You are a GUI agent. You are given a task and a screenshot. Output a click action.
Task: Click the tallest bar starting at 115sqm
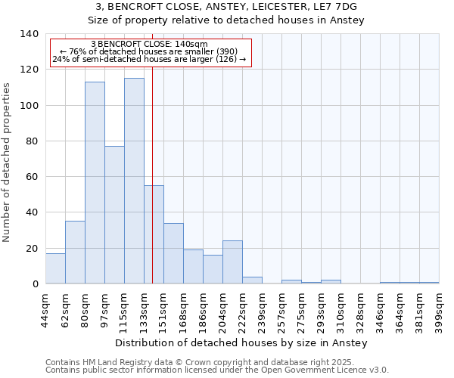coord(134,181)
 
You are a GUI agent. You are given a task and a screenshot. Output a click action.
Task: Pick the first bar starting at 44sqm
coord(55,268)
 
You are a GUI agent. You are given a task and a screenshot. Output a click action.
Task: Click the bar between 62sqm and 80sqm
coord(75,253)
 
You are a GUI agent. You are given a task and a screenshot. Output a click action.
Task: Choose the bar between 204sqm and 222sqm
coord(232,262)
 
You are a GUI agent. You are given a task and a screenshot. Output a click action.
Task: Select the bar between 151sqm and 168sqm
coord(173,253)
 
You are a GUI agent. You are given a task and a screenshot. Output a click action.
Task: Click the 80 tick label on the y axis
coord(32,141)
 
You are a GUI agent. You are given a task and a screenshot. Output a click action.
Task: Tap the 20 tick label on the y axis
coord(32,249)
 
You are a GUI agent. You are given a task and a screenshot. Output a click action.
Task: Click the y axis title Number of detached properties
coord(8,163)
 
